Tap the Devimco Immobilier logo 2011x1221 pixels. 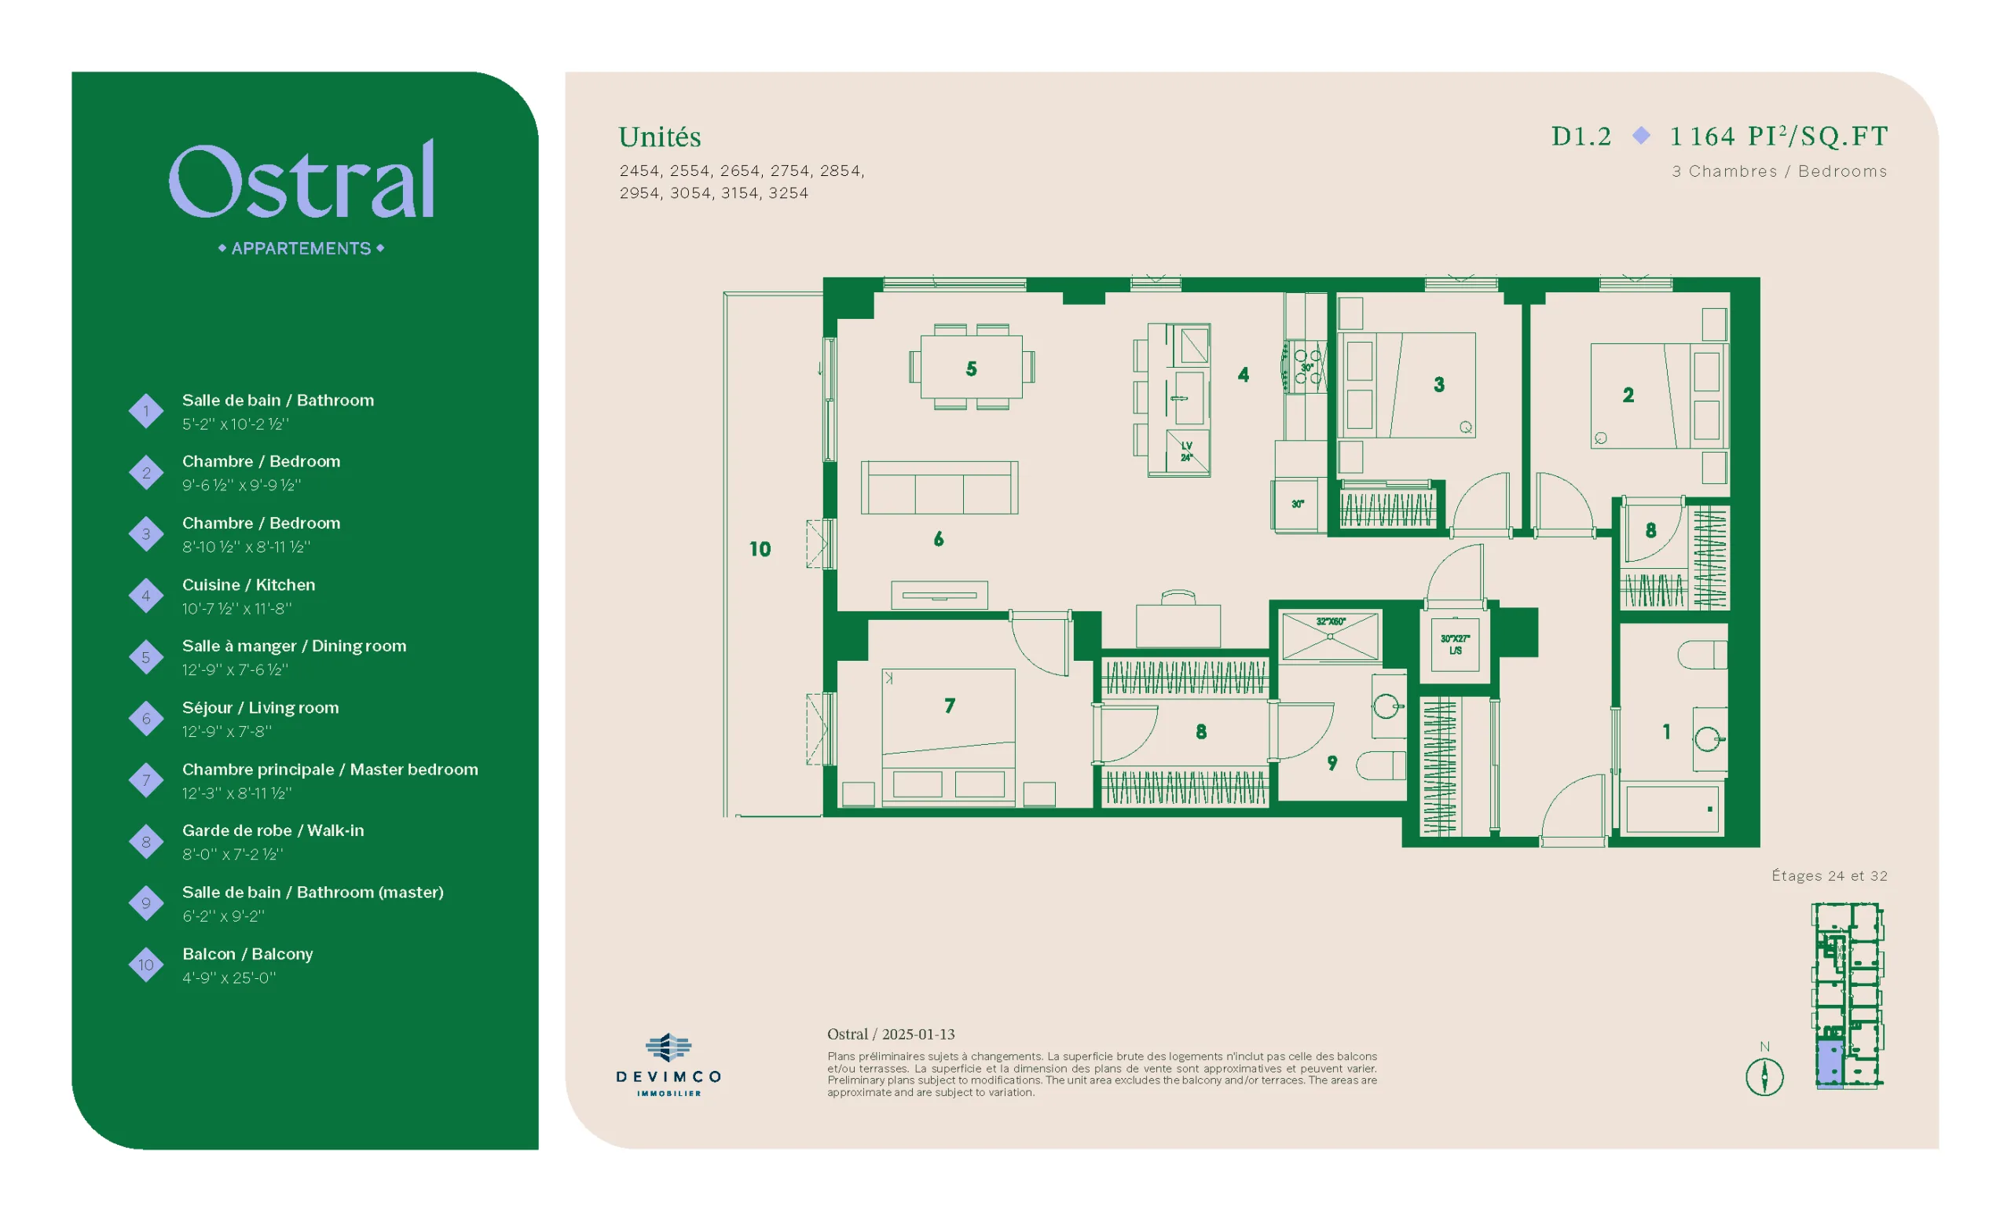point(669,1065)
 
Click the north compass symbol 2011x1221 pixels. point(1764,1076)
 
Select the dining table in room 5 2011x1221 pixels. point(971,367)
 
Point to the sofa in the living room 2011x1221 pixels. point(940,487)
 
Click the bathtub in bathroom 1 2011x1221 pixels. point(1672,808)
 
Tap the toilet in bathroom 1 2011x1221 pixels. point(1701,654)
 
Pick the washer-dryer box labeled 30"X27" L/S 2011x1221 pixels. point(1455,645)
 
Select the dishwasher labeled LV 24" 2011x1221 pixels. point(1187,450)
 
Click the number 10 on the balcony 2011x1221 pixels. point(760,549)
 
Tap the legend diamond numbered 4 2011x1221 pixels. point(146,596)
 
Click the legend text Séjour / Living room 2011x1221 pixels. point(260,708)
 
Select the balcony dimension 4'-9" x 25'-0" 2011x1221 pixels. point(229,977)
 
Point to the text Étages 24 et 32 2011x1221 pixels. point(1829,876)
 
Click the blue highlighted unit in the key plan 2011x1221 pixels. point(1829,1064)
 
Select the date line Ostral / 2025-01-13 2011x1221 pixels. point(891,1034)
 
